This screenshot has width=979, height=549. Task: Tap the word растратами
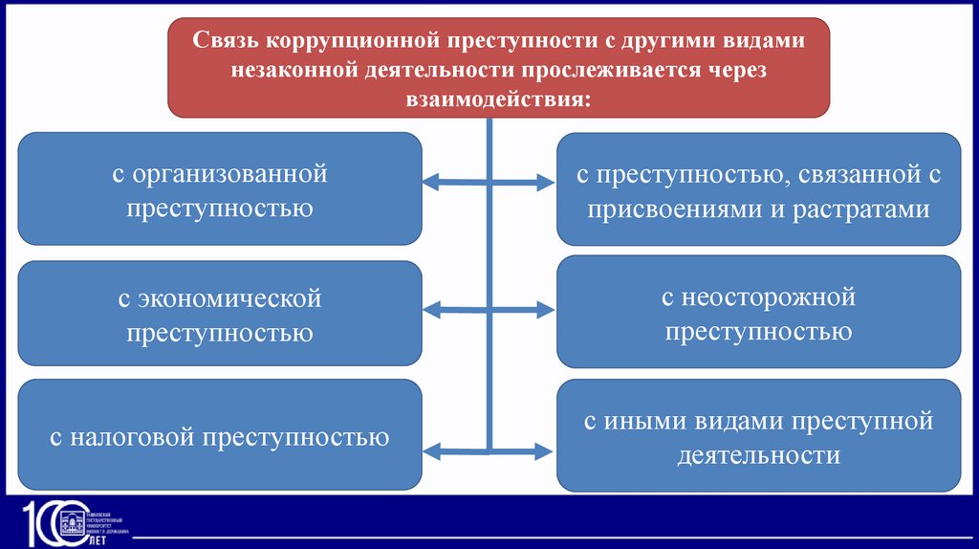pos(862,209)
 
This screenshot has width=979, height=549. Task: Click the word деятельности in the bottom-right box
pos(759,455)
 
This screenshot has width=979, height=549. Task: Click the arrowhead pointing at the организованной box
pos(431,179)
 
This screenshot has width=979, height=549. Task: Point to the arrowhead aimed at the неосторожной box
pos(545,310)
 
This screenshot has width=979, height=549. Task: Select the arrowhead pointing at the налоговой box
pos(431,449)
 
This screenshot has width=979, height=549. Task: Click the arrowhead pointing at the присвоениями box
pos(545,179)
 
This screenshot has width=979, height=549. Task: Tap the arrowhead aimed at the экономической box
pos(431,309)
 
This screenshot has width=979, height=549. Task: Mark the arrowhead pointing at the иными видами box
pos(545,449)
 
